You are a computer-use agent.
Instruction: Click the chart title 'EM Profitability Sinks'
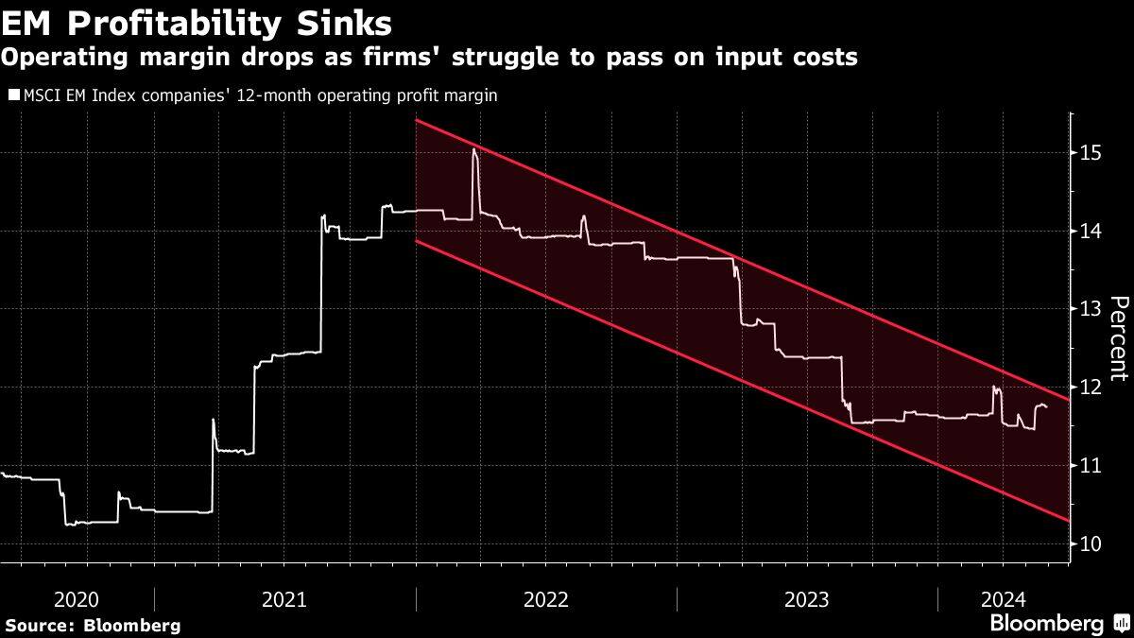pos(198,21)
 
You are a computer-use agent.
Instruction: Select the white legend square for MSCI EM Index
pos(12,95)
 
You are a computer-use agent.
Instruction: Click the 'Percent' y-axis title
pos(1119,338)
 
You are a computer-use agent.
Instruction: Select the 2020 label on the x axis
pos(77,599)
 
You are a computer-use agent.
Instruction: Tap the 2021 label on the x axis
pos(283,599)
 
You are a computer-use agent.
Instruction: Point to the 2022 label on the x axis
pos(545,599)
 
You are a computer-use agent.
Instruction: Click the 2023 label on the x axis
pos(807,599)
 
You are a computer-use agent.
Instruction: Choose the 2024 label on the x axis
pos(1002,599)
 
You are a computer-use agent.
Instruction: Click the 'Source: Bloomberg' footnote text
pos(93,625)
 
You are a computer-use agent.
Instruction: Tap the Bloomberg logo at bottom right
pos(1058,623)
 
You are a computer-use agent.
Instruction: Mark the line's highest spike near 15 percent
pos(474,150)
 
